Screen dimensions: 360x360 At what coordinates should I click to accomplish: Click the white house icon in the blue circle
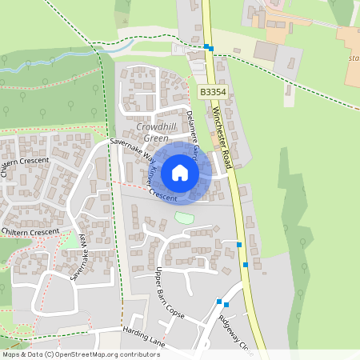[180, 173]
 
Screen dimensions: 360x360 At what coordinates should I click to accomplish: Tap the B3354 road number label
[211, 93]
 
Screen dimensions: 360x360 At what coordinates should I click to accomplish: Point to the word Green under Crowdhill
[145, 138]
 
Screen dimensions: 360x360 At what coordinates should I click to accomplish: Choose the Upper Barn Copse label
[170, 294]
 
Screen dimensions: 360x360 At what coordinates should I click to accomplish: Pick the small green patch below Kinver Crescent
[184, 217]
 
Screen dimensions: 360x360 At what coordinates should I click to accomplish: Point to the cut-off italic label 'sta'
[354, 58]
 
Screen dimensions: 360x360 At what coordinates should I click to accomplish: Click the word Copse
[176, 306]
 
